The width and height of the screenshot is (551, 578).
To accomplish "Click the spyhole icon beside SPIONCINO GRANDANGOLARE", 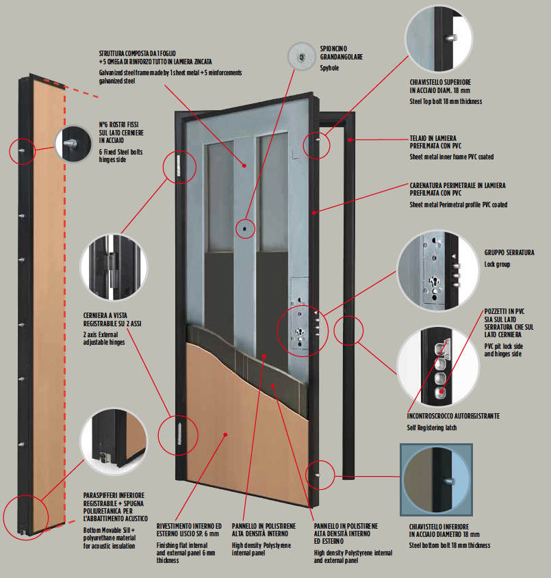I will (x=301, y=55).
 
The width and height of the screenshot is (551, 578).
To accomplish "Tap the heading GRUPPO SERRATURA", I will (x=509, y=252).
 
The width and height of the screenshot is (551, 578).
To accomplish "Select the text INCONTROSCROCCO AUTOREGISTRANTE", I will (x=453, y=416).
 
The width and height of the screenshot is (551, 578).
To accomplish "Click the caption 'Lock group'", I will (x=498, y=264).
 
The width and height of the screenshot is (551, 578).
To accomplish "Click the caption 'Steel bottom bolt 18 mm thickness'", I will (x=450, y=545).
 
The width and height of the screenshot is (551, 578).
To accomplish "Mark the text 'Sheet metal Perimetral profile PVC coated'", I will (x=458, y=205).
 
